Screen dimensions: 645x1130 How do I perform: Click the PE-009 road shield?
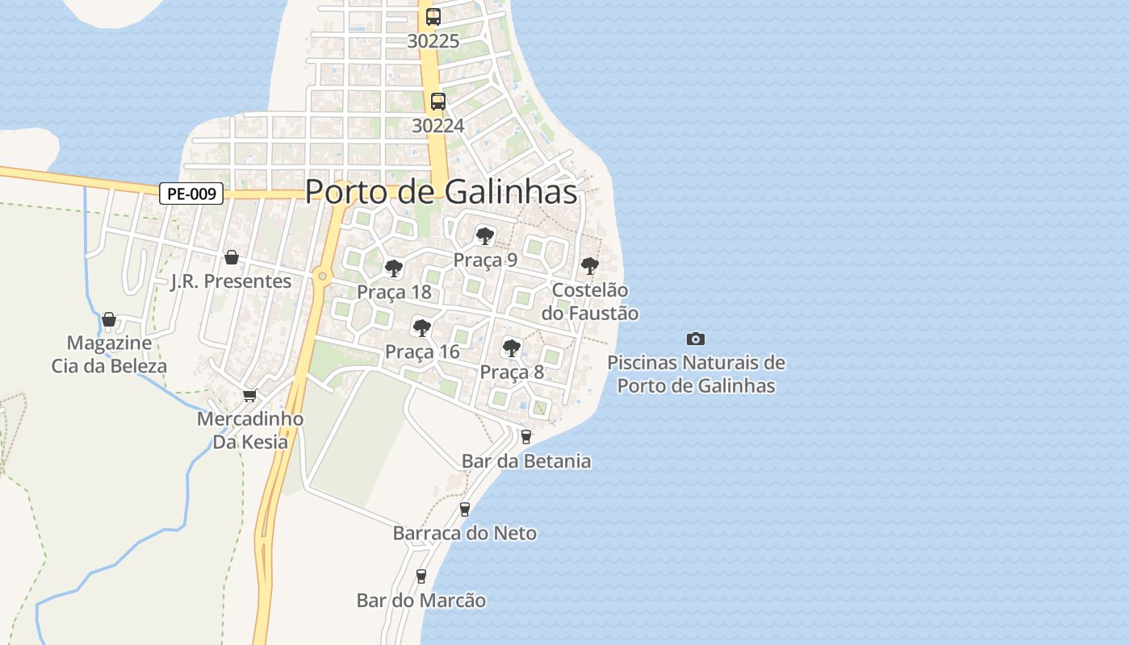click(x=191, y=193)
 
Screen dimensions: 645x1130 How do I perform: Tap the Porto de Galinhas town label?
click(x=442, y=192)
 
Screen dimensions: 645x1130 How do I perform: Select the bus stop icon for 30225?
click(x=433, y=16)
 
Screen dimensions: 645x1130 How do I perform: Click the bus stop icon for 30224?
click(x=437, y=102)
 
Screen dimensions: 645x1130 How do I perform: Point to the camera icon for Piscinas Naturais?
click(x=695, y=339)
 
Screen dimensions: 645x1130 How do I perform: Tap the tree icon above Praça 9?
click(x=484, y=235)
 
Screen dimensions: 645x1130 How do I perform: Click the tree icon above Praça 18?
click(x=393, y=268)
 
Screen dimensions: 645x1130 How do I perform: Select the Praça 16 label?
click(x=422, y=352)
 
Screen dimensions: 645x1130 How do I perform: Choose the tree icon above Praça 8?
click(x=511, y=347)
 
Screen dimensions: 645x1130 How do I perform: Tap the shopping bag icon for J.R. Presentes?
click(x=232, y=257)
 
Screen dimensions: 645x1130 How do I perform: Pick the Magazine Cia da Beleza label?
click(x=109, y=354)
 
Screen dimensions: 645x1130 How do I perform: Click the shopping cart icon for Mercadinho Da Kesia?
click(x=250, y=395)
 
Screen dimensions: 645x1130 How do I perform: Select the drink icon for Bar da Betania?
click(x=526, y=437)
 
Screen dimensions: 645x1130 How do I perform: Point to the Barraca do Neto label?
click(x=464, y=533)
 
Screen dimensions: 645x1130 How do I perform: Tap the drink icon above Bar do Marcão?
click(x=421, y=576)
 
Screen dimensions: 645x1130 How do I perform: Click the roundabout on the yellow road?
click(x=322, y=277)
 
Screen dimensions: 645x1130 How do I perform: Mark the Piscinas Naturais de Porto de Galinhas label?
click(x=696, y=374)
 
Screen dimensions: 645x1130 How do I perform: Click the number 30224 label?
click(x=437, y=126)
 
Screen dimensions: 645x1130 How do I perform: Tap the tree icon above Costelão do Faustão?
click(x=590, y=264)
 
